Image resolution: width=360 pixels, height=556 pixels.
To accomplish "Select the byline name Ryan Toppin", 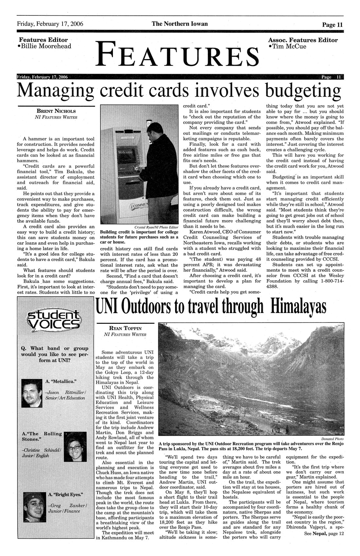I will [x=125, y=328].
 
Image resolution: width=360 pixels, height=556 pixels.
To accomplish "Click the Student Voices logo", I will [x=53, y=321].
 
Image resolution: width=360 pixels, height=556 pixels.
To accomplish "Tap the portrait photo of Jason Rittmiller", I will [x=31, y=393].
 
